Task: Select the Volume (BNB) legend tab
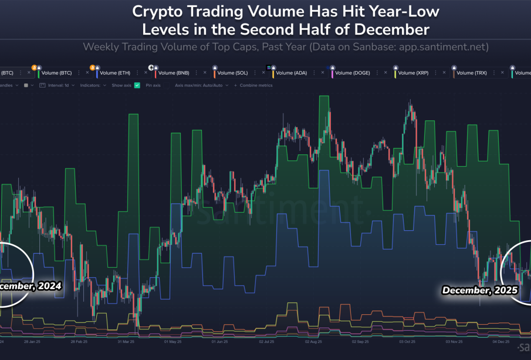[x=174, y=73]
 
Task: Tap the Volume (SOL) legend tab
[x=233, y=73]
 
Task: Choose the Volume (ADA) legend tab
[x=292, y=73]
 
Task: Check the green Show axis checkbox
[x=137, y=85]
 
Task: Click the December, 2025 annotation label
[x=479, y=290]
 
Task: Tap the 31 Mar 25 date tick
[x=127, y=341]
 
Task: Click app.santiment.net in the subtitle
[x=444, y=46]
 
